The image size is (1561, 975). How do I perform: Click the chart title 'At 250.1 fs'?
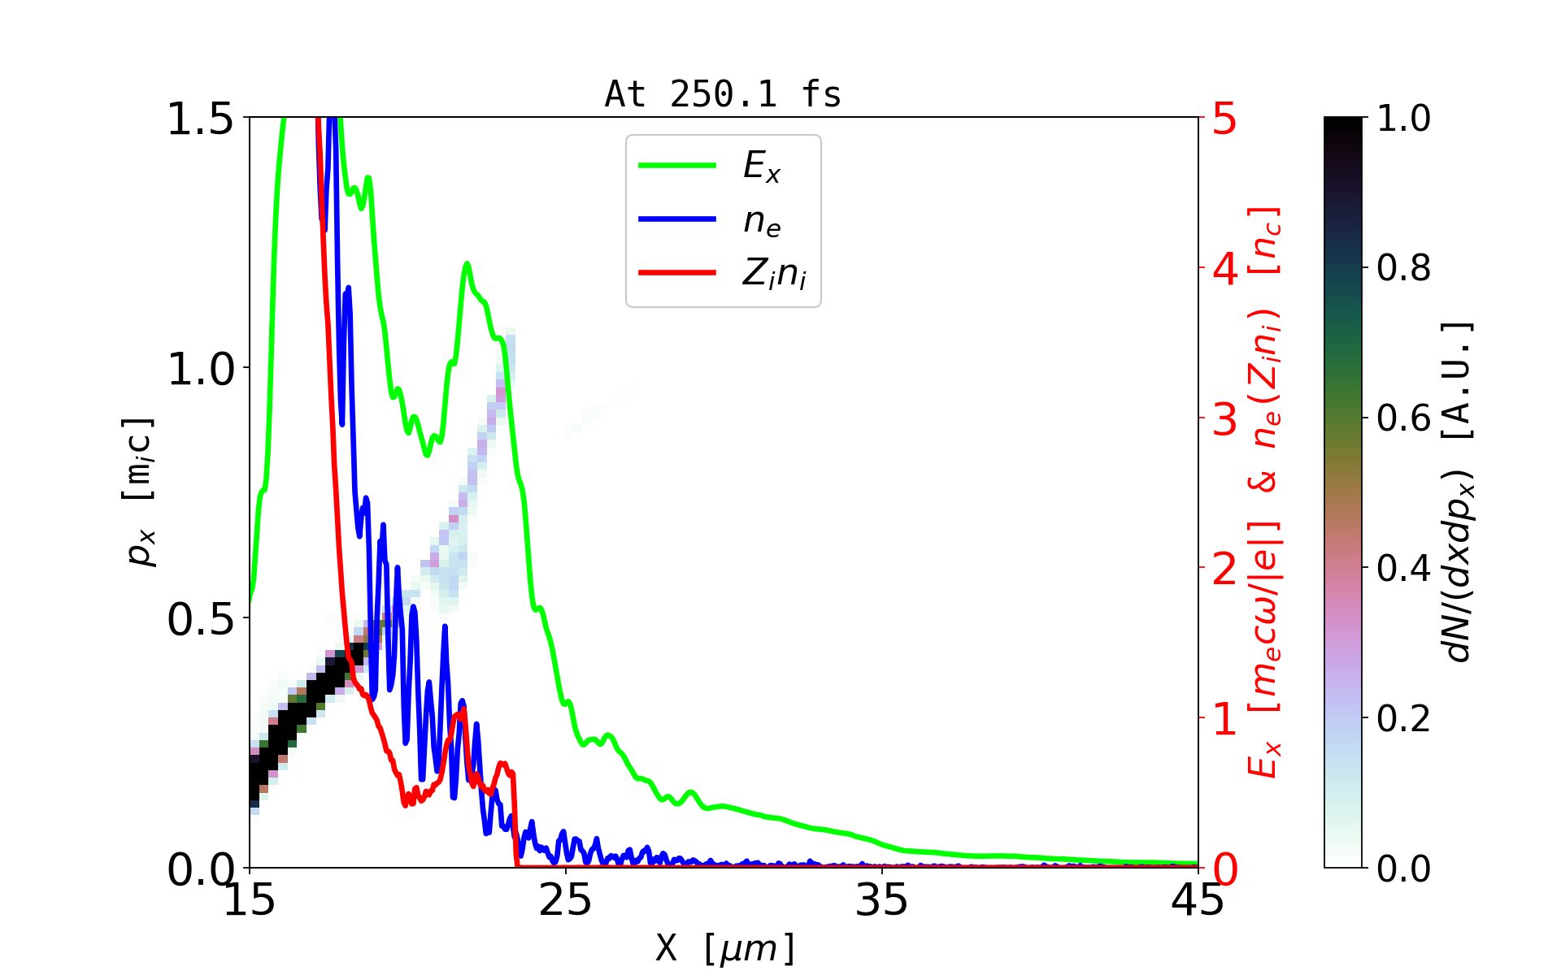click(x=723, y=94)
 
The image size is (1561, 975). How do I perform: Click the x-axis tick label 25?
click(x=566, y=900)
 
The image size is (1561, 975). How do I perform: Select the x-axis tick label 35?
click(x=882, y=900)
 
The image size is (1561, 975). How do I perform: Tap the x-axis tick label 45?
click(x=1198, y=900)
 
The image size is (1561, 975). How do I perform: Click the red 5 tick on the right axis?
click(x=1225, y=119)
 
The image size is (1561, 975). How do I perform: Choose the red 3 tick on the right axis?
click(x=1225, y=419)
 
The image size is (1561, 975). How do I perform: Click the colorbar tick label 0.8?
click(x=1403, y=268)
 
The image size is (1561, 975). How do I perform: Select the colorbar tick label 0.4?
click(x=1403, y=569)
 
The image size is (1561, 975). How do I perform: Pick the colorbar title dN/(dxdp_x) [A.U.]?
click(x=1459, y=492)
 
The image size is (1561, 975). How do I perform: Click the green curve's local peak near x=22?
click(x=467, y=264)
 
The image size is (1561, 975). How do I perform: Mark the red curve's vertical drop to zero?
click(x=515, y=821)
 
